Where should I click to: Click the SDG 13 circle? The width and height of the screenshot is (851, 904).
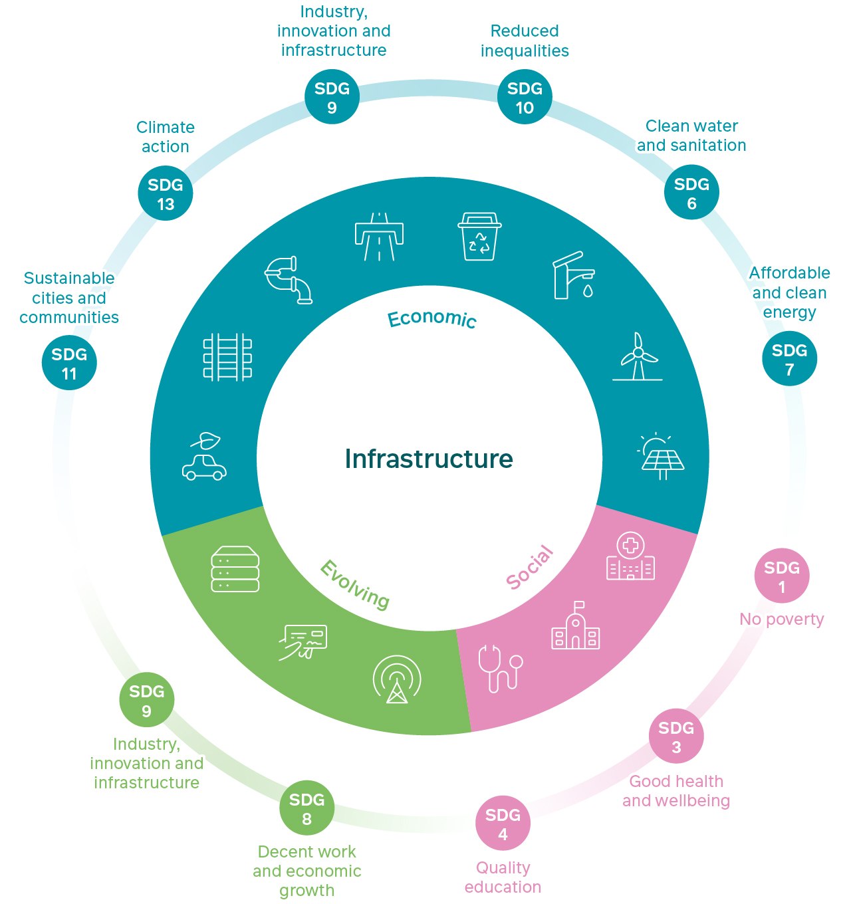166,193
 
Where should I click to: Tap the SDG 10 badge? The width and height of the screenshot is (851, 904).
525,97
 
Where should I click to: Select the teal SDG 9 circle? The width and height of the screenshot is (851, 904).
332,97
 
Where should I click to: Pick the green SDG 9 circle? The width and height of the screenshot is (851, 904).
146,700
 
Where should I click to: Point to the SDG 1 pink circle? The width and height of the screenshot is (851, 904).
781,576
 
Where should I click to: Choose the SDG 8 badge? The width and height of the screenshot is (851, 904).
306,808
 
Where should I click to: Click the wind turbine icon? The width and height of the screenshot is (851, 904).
638,357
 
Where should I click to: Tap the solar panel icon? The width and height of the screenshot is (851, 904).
660,456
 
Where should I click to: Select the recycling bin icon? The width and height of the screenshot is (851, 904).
479,237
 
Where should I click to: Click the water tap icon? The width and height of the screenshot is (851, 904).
574,275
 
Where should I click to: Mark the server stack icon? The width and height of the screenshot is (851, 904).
235,569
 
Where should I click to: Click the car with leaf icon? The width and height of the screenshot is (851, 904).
205,457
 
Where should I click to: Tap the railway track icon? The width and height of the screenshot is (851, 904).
227,357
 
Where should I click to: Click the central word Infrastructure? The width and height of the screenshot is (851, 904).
429,459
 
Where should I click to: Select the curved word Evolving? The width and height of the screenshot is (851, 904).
355,585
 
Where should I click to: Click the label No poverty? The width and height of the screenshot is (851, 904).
781,620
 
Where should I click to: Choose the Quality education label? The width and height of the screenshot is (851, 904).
503,877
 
